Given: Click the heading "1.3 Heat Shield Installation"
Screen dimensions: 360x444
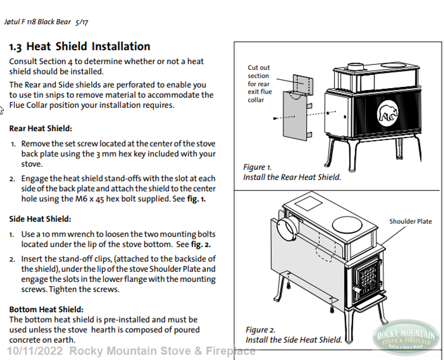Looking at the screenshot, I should click(80, 47).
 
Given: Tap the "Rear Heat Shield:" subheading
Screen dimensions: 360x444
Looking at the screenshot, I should click(41, 128).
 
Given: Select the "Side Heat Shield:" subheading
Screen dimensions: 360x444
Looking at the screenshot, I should click(40, 219).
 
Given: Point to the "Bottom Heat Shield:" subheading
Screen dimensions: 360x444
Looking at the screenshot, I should click(46, 309).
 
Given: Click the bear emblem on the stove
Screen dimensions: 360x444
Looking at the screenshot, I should click(388, 113).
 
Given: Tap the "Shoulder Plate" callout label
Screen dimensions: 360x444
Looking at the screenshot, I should click(410, 221).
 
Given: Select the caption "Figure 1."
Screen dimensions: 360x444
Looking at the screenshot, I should click(257, 167).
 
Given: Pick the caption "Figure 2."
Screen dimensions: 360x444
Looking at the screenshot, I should click(260, 330).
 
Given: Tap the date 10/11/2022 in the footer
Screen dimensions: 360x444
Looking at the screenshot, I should click(35, 351).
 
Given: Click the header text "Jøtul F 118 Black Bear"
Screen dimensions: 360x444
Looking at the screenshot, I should click(37, 22).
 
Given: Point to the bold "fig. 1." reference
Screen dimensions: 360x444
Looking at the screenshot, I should click(196, 199).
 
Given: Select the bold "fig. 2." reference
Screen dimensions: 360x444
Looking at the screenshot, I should click(200, 244).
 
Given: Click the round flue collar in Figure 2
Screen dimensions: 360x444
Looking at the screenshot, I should click(287, 229).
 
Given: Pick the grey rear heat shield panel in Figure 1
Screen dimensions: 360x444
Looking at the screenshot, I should click(295, 116).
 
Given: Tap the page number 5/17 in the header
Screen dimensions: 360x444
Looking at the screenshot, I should click(82, 22).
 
